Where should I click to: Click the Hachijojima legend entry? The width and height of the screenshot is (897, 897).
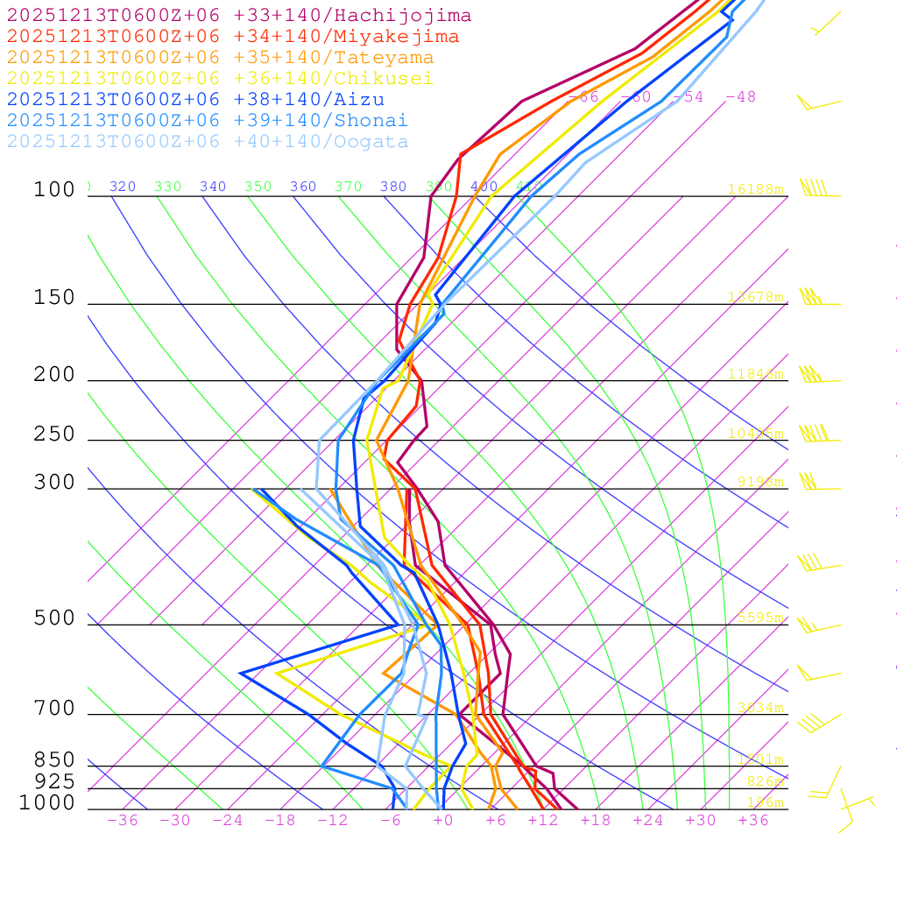pos(238,16)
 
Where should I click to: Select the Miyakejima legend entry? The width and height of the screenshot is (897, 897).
pos(232,37)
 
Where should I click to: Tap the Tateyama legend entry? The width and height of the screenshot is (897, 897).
pos(220,58)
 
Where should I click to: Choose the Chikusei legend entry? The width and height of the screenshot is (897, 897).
pos(219,79)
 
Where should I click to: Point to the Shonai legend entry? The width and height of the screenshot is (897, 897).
pos(207,121)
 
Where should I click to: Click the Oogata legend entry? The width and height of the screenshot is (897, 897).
pos(207,142)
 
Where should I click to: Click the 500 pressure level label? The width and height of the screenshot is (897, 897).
pos(54,618)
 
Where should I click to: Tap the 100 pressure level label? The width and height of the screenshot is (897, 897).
pos(54,190)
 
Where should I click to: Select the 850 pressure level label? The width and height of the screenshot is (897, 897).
pos(54,760)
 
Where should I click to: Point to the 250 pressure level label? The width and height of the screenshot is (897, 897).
pos(54,434)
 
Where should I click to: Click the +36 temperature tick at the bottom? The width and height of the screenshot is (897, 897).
pos(753,821)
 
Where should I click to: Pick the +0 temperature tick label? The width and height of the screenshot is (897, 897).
pos(442,821)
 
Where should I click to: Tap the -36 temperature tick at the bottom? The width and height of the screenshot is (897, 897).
pos(122,821)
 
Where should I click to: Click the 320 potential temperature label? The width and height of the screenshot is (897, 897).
pos(123,187)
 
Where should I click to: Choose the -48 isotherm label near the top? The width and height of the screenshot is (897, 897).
pos(740,97)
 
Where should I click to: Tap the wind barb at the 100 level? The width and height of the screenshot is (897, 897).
pos(815,189)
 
